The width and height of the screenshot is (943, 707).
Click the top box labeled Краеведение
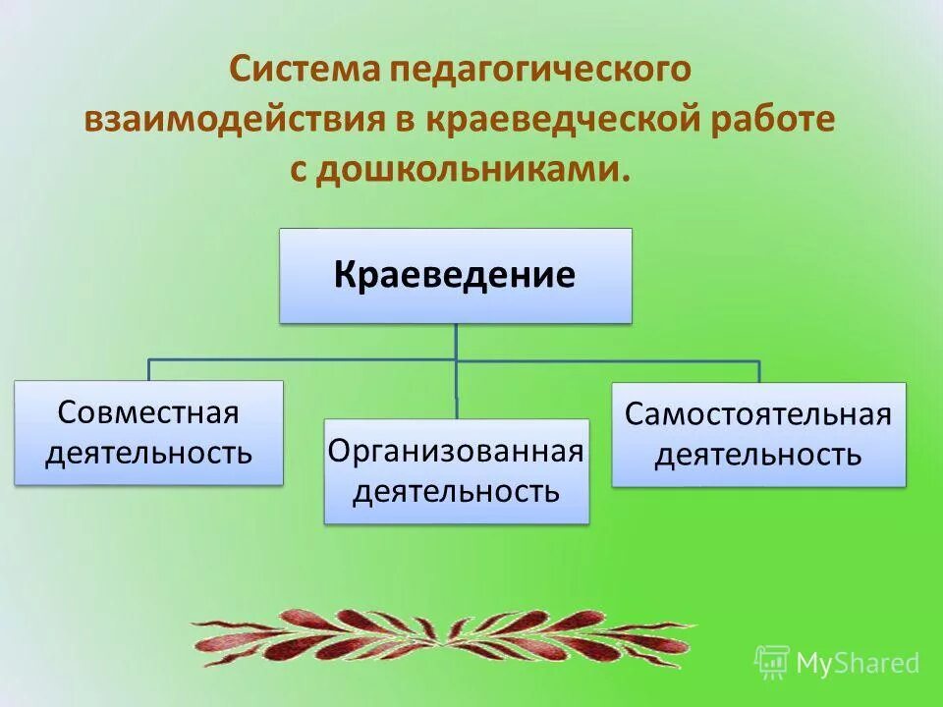[x=455, y=276]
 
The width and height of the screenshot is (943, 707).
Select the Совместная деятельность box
[x=148, y=432]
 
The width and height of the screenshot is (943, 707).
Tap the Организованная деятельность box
[x=457, y=471]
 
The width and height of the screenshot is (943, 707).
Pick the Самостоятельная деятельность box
[x=758, y=434]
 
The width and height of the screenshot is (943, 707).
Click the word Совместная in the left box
[x=148, y=411]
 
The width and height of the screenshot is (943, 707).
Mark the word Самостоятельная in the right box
[x=758, y=413]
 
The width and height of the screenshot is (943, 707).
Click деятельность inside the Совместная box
[x=148, y=454]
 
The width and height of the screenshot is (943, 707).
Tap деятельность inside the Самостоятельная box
[x=758, y=456]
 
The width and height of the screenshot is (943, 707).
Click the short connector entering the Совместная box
[x=149, y=370]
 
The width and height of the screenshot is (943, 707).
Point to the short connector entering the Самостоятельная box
[x=759, y=371]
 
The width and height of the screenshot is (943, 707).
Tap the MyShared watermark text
[x=857, y=663]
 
